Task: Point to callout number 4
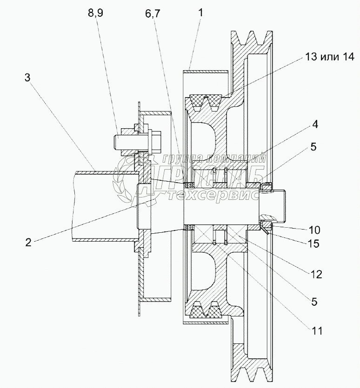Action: [x=315, y=125]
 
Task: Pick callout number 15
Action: [x=313, y=243]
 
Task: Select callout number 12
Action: [x=316, y=274]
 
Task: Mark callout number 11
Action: [x=317, y=331]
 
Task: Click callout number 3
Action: [x=27, y=78]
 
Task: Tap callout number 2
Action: [x=28, y=242]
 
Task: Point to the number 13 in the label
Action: [x=312, y=57]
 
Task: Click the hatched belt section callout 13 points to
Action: [x=205, y=101]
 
